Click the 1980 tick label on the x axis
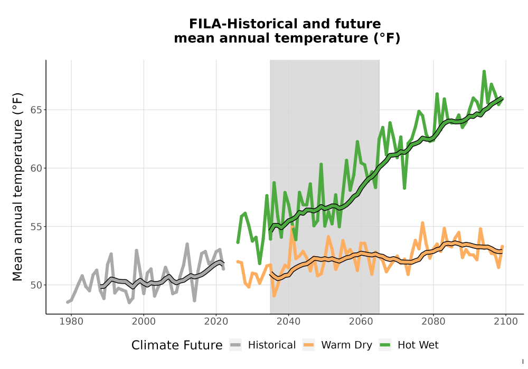(71, 322)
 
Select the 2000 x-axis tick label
(144, 322)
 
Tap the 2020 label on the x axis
(216, 322)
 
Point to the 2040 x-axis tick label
(289, 322)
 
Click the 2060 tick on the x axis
(361, 322)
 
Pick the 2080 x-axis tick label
(433, 322)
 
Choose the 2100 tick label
(506, 322)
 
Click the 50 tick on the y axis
(36, 285)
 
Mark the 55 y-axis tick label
(36, 227)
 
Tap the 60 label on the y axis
(36, 168)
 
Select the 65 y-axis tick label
(36, 110)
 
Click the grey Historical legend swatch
(235, 345)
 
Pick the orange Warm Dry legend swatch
(308, 345)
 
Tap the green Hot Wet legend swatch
(385, 345)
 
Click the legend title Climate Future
(177, 345)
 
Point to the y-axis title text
(17, 187)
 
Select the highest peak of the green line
(484, 71)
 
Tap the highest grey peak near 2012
(187, 244)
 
